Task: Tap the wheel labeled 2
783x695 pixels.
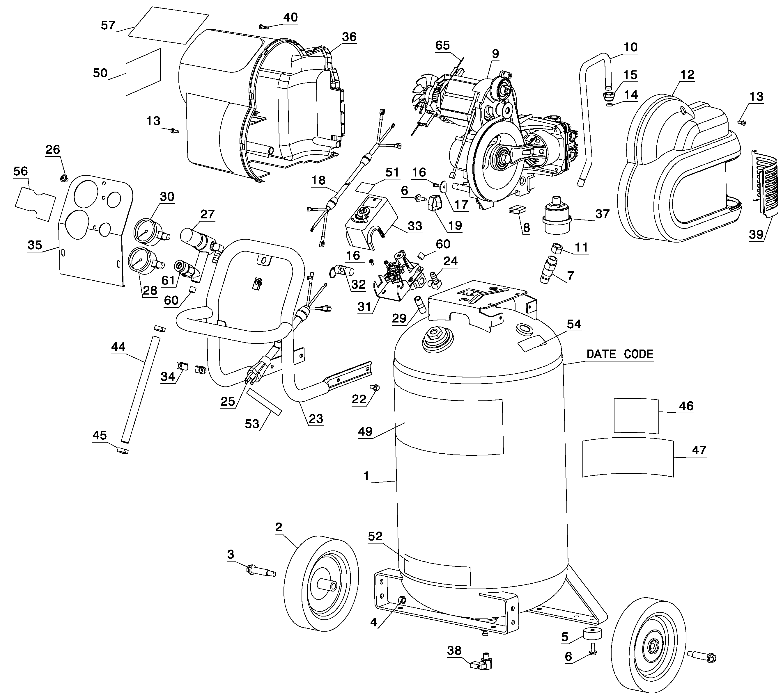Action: tap(321, 586)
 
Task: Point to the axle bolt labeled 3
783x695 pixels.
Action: tap(261, 571)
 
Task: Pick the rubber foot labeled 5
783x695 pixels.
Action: tap(592, 633)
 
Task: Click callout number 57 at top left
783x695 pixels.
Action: tap(108, 25)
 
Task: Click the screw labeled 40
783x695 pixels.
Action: tap(264, 26)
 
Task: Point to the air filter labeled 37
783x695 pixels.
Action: tap(557, 215)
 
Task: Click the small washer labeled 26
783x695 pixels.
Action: tap(63, 178)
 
